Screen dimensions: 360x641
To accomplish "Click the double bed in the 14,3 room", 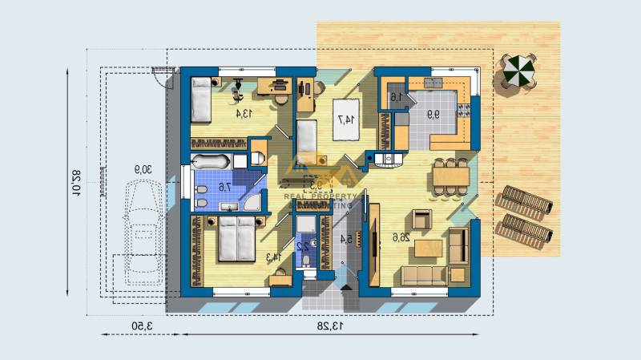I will coord(236,237).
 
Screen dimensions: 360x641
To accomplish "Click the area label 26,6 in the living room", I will coord(401,237).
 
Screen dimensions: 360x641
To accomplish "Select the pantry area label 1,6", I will coord(396,98).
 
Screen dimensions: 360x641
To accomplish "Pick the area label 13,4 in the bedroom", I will coord(244,114).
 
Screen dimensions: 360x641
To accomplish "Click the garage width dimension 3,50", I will coord(138,326).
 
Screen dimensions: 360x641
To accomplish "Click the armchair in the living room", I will coord(421,217).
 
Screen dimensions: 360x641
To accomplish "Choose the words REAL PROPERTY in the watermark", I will coord(320,195).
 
